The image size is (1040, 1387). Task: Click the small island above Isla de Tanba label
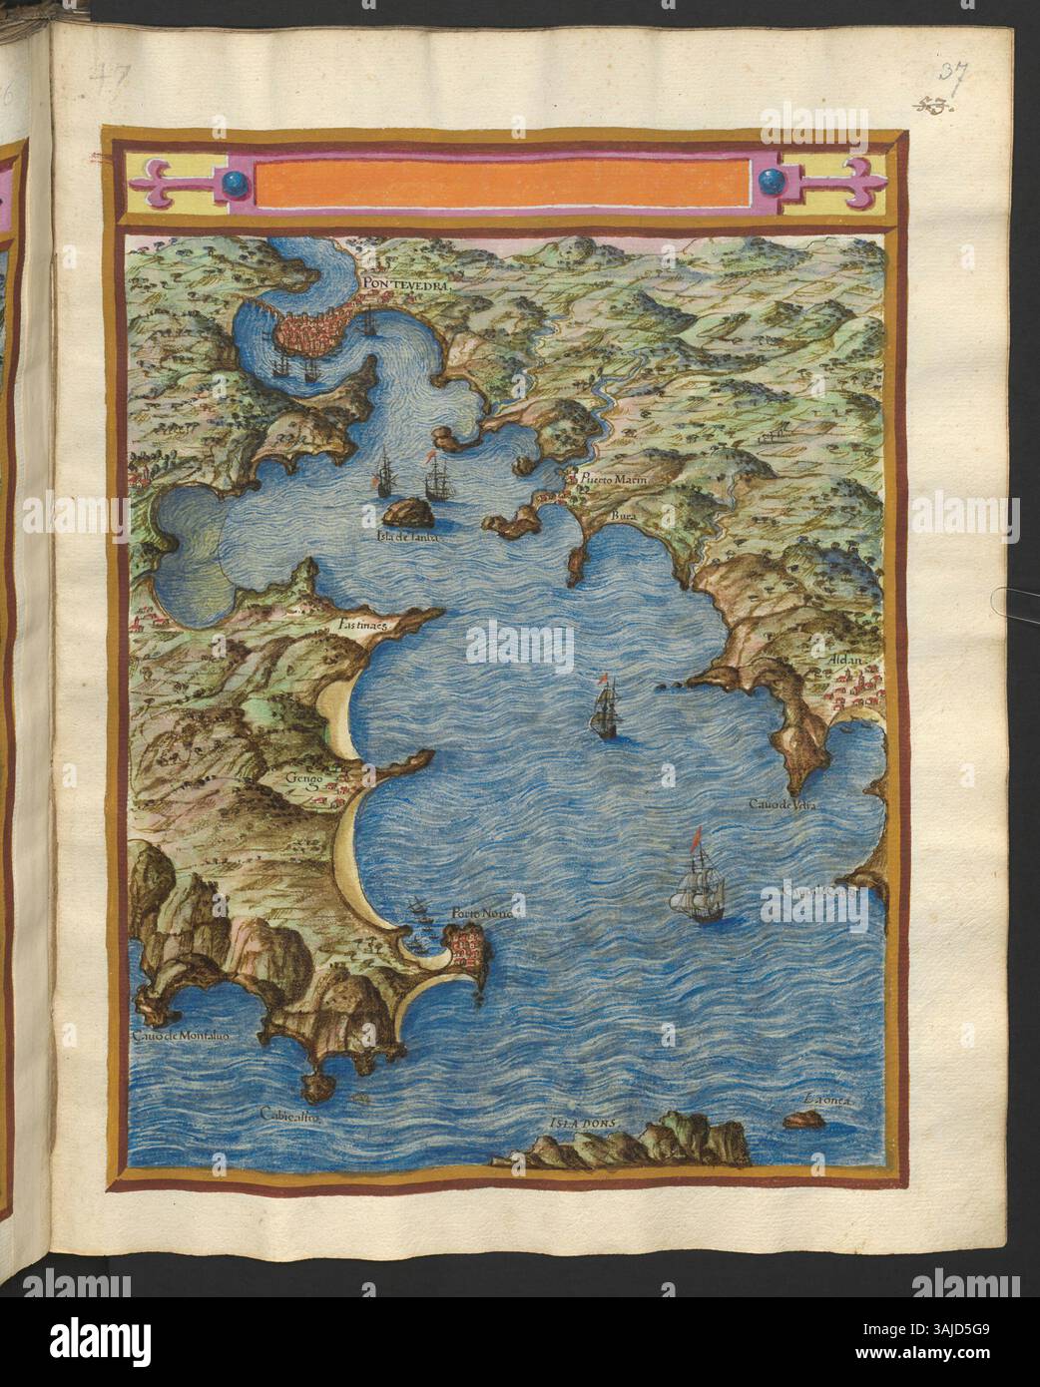click(x=408, y=514)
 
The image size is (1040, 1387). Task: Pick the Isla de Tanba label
click(x=404, y=536)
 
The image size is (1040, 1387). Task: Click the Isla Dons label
click(x=585, y=1122)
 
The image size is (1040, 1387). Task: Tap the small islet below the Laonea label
click(x=801, y=1121)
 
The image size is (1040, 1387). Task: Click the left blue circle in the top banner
click(x=234, y=182)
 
